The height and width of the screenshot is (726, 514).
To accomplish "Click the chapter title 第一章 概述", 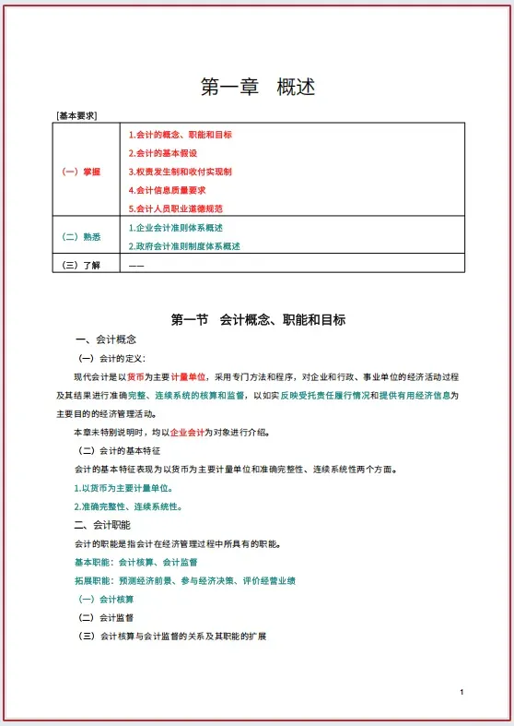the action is (x=258, y=88).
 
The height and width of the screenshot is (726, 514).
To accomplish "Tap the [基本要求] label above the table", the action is (x=77, y=116).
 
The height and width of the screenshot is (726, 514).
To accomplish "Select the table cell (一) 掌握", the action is (x=81, y=172).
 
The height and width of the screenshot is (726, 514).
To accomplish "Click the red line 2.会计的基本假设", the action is (x=163, y=153).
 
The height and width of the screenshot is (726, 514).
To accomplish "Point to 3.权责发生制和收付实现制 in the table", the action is (x=180, y=172).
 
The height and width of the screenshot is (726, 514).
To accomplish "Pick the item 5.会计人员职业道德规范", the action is (x=175, y=208).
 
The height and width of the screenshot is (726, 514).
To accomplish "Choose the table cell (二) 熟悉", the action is (x=81, y=237).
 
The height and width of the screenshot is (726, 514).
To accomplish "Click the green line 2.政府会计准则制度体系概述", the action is (x=184, y=246).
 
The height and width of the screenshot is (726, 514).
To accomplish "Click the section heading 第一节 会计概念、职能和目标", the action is (x=258, y=320).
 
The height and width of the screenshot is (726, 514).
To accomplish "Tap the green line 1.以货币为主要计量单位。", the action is (x=123, y=488).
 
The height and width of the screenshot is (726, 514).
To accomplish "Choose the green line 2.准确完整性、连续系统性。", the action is (x=128, y=506).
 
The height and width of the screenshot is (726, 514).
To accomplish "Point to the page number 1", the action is (x=461, y=692).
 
